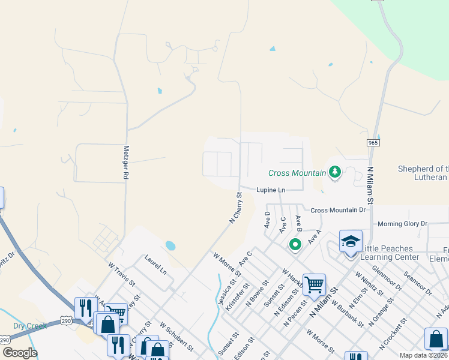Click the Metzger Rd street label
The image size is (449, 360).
pos(126,163)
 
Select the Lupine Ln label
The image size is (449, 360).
pos(271,190)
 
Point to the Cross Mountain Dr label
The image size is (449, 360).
pos(338,210)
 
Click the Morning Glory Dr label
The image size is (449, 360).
pos(402,224)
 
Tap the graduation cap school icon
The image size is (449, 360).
pos(351,242)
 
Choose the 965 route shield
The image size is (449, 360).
pos(373,143)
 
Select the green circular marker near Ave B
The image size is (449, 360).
pos(295,244)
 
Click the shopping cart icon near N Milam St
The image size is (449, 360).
pos(314,284)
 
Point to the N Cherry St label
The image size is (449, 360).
pos(235,208)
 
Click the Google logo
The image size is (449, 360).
pos(19,352)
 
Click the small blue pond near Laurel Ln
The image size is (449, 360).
pos(170,245)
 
